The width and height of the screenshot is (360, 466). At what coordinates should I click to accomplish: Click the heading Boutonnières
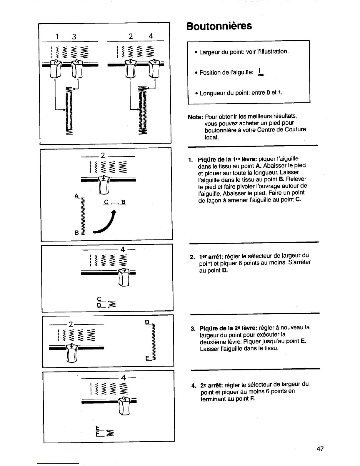(219, 26)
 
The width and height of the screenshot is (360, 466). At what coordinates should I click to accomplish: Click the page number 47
(320, 449)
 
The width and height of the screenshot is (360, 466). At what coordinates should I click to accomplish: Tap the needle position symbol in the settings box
(260, 72)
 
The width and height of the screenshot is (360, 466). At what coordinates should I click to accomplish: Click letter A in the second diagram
(76, 196)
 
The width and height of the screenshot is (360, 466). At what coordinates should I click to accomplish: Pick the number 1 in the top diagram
(58, 36)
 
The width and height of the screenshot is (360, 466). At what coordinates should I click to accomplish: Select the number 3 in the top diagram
(74, 36)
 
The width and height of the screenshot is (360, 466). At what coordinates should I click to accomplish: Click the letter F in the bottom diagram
(97, 433)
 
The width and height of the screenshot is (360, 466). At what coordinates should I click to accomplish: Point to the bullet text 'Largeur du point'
(244, 52)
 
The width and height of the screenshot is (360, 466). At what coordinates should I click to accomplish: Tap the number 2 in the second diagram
(103, 155)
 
